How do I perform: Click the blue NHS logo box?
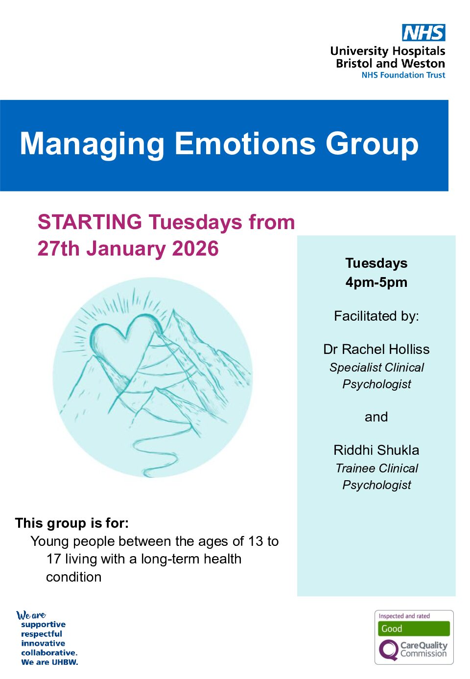click(x=423, y=32)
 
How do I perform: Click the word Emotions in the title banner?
click(x=245, y=143)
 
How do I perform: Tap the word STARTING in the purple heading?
click(x=90, y=222)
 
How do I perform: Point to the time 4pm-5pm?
click(x=376, y=282)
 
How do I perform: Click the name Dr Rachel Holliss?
click(x=376, y=349)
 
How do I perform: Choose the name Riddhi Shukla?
click(x=376, y=450)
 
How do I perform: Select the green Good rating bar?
click(x=414, y=629)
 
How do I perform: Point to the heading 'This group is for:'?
click(x=72, y=523)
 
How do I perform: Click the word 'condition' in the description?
click(x=74, y=577)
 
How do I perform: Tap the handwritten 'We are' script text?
click(x=31, y=615)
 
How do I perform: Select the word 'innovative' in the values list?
click(x=43, y=643)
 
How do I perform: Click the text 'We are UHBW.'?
click(x=50, y=662)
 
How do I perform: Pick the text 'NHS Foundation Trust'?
click(x=403, y=75)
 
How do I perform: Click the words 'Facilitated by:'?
click(x=376, y=316)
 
